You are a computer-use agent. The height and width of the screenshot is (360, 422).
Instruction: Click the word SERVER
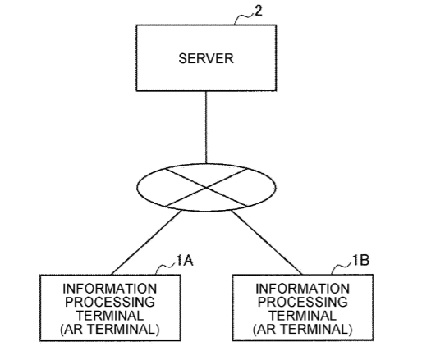point(206,58)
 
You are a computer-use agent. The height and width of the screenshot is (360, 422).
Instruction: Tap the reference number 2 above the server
point(259,11)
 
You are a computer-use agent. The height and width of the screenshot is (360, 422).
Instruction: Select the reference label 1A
point(185,260)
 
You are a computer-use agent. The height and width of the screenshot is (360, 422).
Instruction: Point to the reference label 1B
point(360,260)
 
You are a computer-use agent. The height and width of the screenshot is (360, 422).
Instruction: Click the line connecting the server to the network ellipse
point(206,127)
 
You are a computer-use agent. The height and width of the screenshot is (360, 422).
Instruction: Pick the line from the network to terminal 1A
point(146,243)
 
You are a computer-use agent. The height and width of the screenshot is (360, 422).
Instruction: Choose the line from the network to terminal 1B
point(267,242)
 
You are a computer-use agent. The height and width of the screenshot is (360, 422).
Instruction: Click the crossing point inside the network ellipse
point(206,188)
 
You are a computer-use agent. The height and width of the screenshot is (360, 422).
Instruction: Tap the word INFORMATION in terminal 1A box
point(110,289)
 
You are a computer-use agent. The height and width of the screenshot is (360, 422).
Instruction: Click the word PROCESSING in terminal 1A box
point(110,302)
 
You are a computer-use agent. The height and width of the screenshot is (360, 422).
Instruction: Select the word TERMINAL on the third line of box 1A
point(110,316)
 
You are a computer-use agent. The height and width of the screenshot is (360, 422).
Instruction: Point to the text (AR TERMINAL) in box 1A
point(110,329)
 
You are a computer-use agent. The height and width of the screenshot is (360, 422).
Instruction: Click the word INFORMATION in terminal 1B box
point(302,289)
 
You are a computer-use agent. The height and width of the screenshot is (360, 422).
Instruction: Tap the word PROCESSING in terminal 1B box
point(303,302)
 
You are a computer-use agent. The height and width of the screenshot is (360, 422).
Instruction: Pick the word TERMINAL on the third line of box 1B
point(302,316)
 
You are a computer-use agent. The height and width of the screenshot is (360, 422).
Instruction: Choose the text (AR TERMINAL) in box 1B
point(302,329)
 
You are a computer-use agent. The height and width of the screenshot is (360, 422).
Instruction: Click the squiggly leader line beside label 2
point(244,19)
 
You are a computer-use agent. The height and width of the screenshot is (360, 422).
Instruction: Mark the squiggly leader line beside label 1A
point(165,267)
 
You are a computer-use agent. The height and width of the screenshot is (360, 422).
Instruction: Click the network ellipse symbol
point(206,164)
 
